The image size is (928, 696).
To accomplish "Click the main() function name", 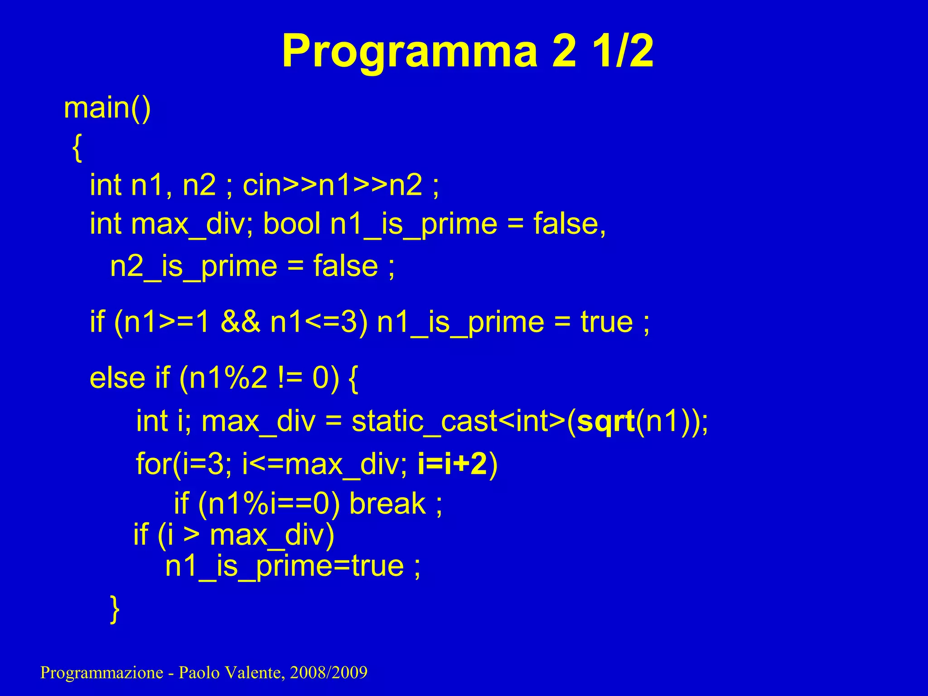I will point(107,109).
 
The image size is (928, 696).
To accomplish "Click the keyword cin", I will point(262,185).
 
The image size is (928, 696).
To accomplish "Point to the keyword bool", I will point(292,224).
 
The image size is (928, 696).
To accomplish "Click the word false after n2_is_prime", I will point(345,266).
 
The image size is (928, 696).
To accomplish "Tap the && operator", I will point(240,322).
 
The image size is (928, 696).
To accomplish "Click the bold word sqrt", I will point(605,421).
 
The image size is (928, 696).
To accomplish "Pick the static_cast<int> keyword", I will point(458,421).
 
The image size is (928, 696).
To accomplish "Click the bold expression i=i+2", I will point(452,464).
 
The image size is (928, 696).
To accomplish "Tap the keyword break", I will point(387,503).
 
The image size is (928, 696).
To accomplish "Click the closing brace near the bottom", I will point(115,609).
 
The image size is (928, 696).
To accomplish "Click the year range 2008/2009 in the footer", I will point(329,672).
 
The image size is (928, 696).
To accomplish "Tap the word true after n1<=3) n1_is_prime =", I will point(607,322).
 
